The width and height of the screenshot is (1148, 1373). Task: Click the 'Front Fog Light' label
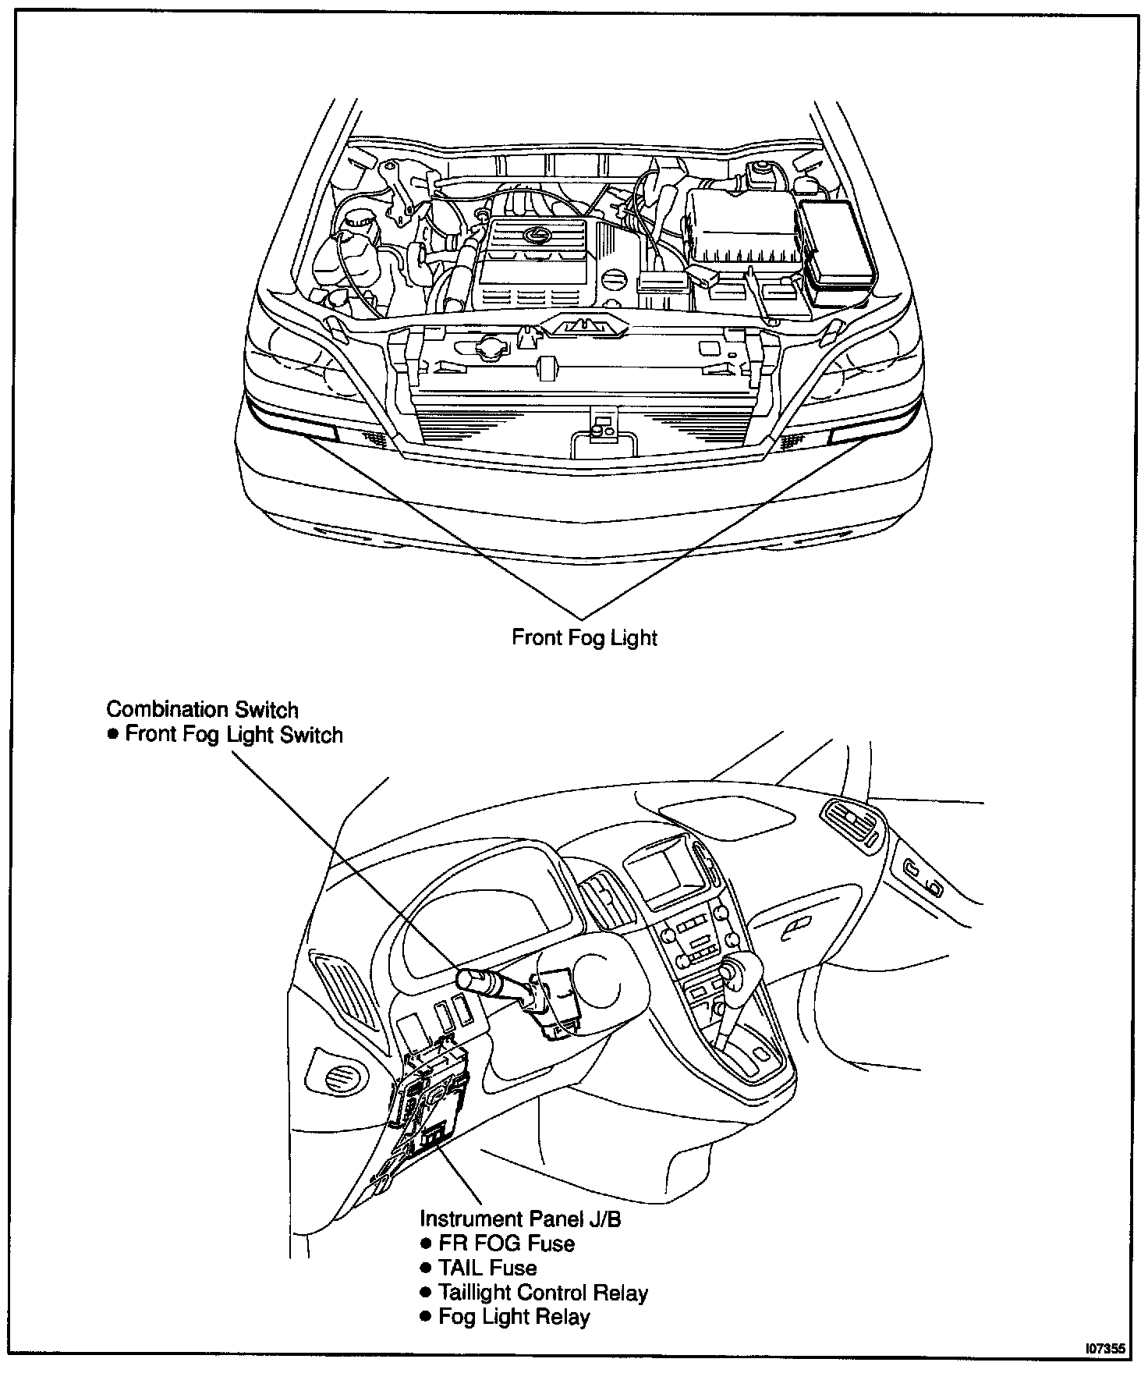[584, 637]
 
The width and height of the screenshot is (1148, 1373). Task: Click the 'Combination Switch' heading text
[202, 709]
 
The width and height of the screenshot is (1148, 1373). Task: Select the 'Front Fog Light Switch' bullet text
[233, 735]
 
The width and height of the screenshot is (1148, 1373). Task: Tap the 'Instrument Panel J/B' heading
[520, 1219]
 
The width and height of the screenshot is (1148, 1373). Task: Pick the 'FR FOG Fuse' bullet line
[506, 1244]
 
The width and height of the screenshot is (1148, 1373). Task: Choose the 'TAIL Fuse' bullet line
[487, 1268]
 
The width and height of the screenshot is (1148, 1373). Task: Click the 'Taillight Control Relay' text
[543, 1293]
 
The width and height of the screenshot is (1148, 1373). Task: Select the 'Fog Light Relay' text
[514, 1318]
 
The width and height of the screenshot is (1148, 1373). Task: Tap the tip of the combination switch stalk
[466, 977]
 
